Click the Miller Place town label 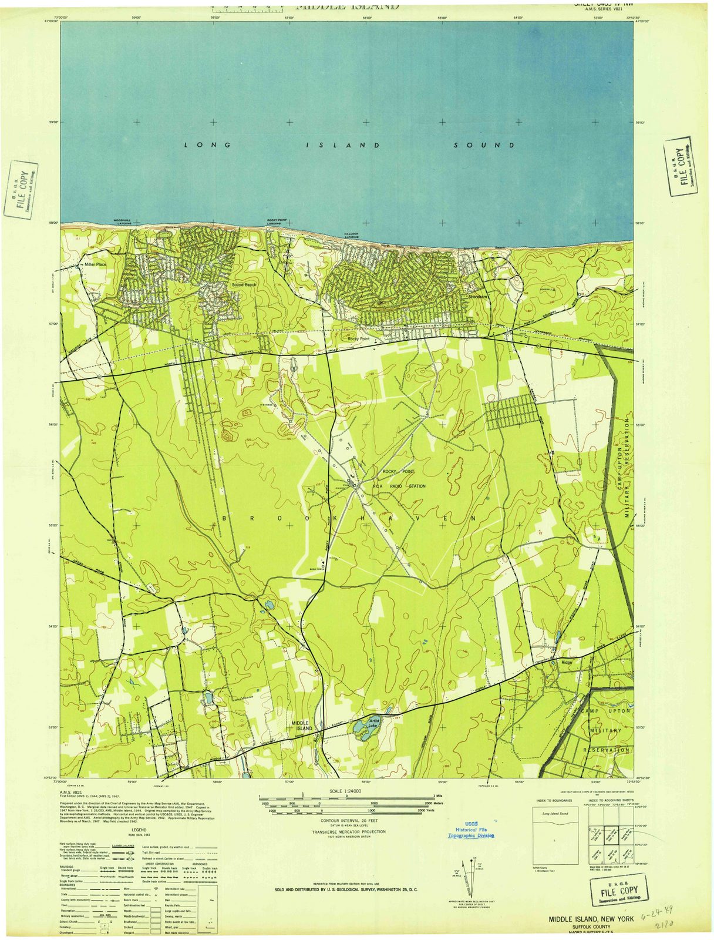[95, 265]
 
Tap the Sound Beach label [244, 285]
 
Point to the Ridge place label [567, 663]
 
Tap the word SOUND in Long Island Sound [484, 145]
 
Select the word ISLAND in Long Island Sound [342, 145]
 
